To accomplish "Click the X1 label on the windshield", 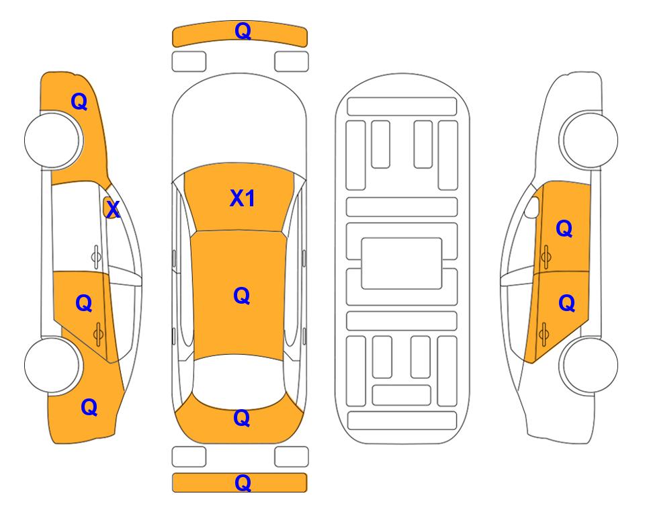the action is coord(243,198).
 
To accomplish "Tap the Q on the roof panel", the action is coord(242,296).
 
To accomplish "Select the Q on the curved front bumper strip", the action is coord(243,30).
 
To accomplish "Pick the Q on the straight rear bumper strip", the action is coord(243,482).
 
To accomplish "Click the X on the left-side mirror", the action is coord(113,210).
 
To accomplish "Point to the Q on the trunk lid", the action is coord(242,418).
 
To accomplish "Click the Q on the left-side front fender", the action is coord(79,101).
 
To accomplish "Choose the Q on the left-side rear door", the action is coord(84,303).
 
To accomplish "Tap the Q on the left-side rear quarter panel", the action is coord(89,407).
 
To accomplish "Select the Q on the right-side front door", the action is coord(564,228).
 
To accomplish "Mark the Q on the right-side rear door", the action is coord(567,303).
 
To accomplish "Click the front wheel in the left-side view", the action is coord(53,140).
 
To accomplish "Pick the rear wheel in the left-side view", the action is coord(53,365).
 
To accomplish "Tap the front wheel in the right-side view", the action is coord(589,140).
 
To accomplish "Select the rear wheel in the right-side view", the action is coord(589,365).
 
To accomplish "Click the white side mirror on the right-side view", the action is coord(532,208).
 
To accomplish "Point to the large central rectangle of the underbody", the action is coord(402,263).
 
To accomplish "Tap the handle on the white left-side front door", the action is coord(96,257).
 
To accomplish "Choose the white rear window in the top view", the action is coord(239,382).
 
